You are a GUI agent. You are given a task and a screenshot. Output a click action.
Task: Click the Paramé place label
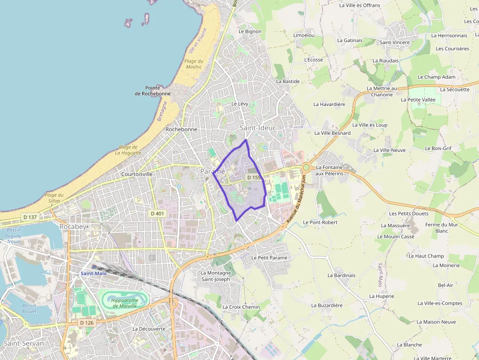(x=212, y=171)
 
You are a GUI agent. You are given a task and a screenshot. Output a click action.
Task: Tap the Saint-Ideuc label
(x=258, y=128)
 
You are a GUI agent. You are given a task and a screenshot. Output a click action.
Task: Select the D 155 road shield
(x=254, y=178)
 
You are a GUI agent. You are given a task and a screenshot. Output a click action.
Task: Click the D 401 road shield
(x=157, y=213)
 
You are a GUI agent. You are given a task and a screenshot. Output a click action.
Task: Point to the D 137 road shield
(x=30, y=217)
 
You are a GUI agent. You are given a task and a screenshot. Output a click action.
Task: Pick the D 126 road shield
(x=87, y=323)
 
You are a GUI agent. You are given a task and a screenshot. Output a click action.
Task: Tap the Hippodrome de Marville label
(x=123, y=303)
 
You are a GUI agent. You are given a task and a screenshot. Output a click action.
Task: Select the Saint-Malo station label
(x=94, y=274)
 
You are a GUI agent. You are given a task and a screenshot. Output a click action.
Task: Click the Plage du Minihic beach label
(x=194, y=64)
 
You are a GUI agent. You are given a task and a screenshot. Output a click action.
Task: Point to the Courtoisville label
(x=137, y=174)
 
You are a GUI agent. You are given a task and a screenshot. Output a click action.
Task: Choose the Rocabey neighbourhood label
(x=72, y=227)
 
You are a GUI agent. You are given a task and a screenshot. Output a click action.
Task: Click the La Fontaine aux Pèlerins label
(x=329, y=170)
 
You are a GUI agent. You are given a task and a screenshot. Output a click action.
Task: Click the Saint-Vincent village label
(x=394, y=42)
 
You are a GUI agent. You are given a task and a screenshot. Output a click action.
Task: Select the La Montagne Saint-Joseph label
(x=216, y=276)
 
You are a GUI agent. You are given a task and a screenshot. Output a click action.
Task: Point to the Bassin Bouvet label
(x=29, y=308)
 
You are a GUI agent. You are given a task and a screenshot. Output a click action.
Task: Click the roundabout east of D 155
(x=306, y=168)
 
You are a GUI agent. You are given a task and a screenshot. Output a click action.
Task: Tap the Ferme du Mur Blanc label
(x=441, y=228)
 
